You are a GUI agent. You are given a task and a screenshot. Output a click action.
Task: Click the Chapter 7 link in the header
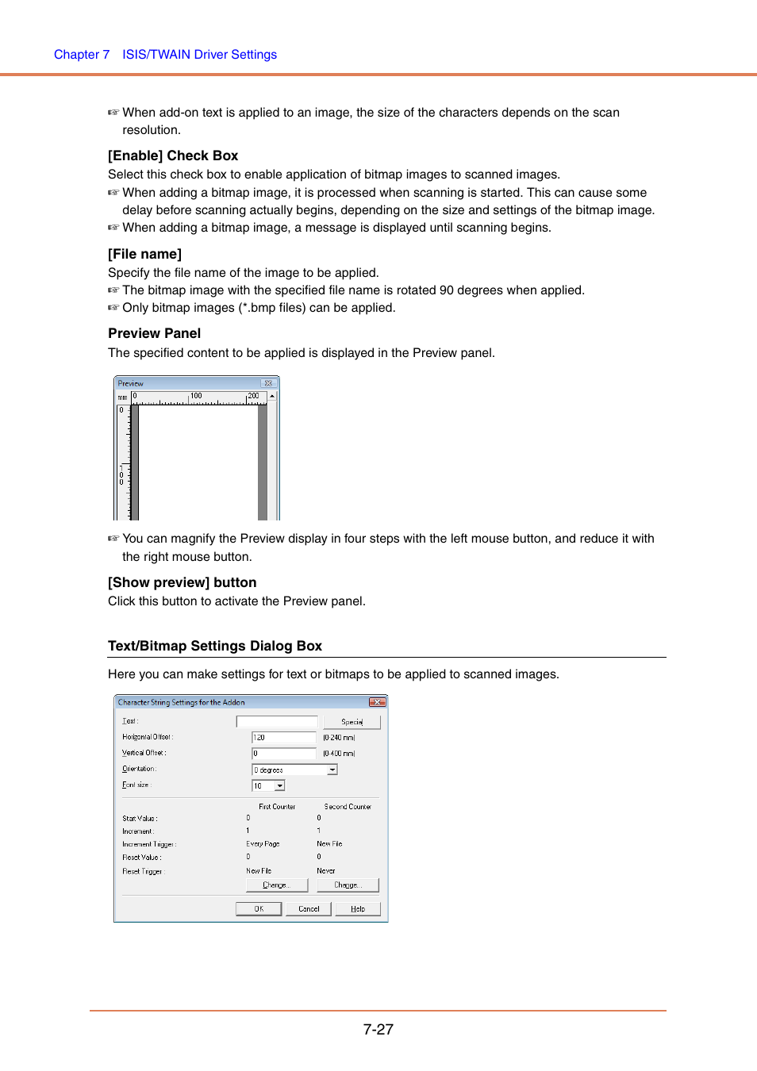pos(82,55)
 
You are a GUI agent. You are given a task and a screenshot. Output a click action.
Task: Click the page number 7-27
pos(378,1029)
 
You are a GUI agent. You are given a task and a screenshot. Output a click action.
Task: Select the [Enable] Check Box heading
pos(173,155)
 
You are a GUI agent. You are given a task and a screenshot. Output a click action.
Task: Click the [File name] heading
pos(144,254)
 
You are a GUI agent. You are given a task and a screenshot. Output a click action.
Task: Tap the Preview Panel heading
pos(154,333)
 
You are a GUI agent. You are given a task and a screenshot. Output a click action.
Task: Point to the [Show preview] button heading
pos(182,582)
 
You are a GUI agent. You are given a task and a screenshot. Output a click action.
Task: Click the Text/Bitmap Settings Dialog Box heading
pos(215,646)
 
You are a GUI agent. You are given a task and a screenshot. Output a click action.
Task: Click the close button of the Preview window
pos(268,383)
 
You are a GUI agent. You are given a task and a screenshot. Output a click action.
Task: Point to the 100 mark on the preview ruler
pos(195,396)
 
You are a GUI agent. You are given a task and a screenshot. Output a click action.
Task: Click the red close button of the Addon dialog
pos(377,702)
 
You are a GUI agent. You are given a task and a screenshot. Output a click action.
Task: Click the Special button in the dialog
pos(352,722)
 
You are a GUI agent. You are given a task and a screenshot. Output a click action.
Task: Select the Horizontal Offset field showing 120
pos(284,738)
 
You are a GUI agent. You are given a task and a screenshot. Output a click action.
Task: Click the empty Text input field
pos(277,722)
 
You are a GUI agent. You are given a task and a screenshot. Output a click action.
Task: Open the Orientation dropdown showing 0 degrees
pos(332,770)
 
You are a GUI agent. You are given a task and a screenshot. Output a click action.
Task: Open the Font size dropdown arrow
pos(279,785)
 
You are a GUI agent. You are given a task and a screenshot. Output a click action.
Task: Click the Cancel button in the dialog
pos(309,909)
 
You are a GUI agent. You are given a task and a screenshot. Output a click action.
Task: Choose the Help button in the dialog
pos(358,909)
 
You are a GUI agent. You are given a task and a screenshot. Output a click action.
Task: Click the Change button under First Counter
pos(276,885)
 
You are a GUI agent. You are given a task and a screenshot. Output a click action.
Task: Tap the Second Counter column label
pos(348,807)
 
